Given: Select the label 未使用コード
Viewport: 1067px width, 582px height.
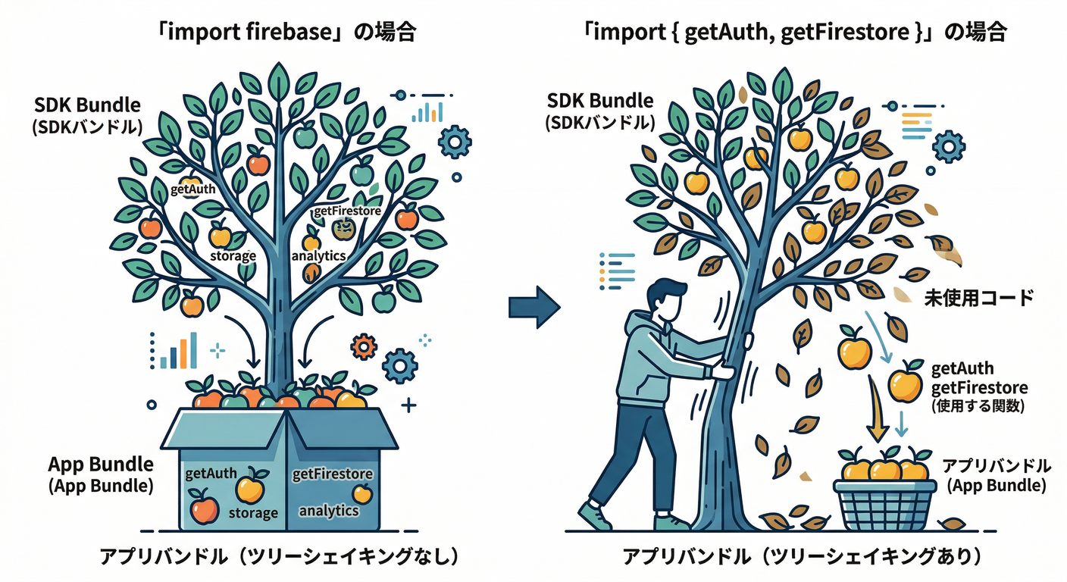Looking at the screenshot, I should (978, 298).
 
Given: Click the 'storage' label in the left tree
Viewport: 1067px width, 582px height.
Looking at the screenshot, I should (233, 255).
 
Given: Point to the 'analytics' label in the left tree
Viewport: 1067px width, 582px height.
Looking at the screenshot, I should (318, 255).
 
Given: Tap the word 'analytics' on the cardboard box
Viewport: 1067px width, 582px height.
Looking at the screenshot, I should (329, 510).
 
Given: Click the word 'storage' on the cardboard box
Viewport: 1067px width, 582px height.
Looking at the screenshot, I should (253, 513).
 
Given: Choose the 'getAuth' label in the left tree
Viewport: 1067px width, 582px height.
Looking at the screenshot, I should (193, 189).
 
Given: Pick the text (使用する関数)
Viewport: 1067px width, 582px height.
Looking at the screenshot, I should (978, 406).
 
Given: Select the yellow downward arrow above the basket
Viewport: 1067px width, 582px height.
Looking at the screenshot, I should (877, 413).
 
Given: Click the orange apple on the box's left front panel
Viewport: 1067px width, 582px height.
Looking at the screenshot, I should (203, 505).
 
